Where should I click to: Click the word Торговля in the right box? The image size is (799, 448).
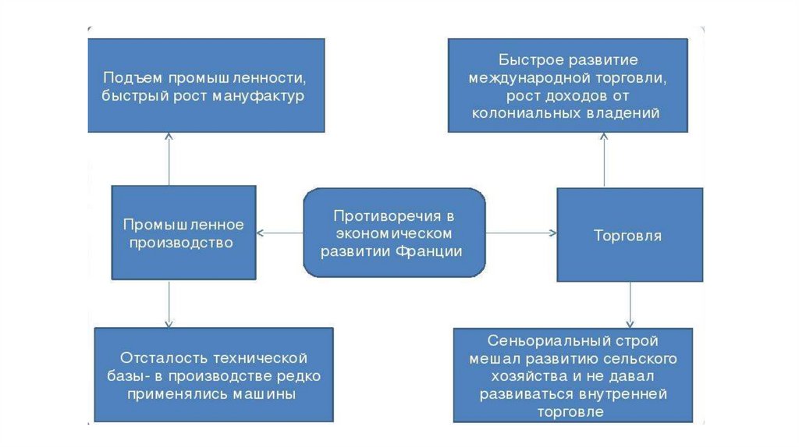click(x=627, y=235)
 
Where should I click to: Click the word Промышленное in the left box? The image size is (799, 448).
click(x=183, y=225)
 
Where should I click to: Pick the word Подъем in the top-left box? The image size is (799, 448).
click(x=128, y=79)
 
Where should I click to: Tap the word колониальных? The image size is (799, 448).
click(x=525, y=113)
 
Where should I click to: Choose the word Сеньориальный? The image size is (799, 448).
click(x=539, y=341)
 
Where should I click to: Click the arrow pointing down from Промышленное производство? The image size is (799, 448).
click(x=169, y=304)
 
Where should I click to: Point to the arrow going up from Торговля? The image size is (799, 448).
click(x=604, y=160)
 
